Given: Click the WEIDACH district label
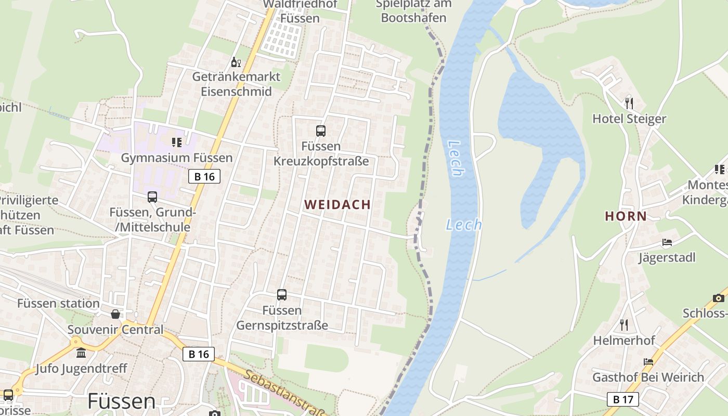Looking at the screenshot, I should coord(337,205).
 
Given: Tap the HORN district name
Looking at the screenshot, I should coord(626,216).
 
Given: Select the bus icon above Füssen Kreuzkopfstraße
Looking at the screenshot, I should coord(321,131).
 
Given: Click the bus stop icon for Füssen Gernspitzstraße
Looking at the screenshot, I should coord(282,295).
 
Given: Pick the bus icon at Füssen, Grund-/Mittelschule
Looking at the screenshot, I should coord(152,197).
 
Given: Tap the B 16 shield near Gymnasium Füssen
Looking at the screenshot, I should coord(204,177).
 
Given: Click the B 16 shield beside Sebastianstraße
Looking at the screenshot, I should coord(199,354).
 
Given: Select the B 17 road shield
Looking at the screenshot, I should coord(623,399).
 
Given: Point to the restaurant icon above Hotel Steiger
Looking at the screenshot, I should coord(629,103).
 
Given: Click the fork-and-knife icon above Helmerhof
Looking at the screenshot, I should coord(624,325).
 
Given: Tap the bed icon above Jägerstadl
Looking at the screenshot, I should coord(667,242).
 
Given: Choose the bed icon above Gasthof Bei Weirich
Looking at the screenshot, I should coord(648,362).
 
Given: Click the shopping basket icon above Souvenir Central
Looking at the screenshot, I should coord(115,314).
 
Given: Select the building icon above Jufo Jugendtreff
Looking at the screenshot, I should coord(81,354).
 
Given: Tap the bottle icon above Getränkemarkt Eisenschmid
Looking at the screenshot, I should coord(236,62).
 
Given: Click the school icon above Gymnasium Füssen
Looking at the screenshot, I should coord(177,142).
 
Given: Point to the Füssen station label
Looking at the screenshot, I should coord(58,303).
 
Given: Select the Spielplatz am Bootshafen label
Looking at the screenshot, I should coord(413,11).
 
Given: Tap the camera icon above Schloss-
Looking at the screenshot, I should coord(718,298).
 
